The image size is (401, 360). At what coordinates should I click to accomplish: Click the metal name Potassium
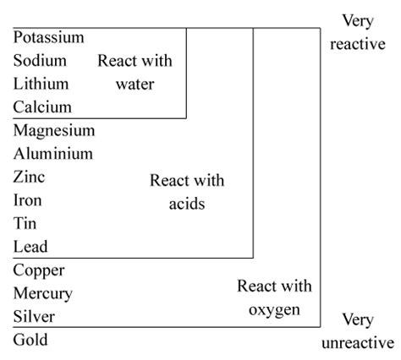49,37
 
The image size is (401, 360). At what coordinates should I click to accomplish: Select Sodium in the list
40,61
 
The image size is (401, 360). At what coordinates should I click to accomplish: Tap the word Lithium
41,84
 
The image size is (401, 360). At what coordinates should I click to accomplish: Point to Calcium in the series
42,107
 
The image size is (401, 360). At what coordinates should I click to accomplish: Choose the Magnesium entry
54,131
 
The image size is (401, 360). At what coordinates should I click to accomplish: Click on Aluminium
53,154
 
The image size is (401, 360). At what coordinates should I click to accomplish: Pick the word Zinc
29,177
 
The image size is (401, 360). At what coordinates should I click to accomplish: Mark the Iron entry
28,200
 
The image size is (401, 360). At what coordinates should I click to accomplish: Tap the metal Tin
25,223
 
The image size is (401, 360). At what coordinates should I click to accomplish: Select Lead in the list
30,247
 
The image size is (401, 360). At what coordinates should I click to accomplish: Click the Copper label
39,271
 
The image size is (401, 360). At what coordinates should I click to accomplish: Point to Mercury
43,294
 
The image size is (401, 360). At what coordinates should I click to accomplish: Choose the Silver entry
34,316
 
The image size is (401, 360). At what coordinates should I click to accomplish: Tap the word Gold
30,340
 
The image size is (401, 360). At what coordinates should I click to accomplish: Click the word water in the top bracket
135,85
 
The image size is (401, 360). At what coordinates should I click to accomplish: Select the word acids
187,204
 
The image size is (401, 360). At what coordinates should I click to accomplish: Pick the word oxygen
274,310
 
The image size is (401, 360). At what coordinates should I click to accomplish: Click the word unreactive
358,343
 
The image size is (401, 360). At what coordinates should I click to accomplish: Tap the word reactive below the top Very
358,44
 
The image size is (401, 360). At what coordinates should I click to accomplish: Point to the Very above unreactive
358,320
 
